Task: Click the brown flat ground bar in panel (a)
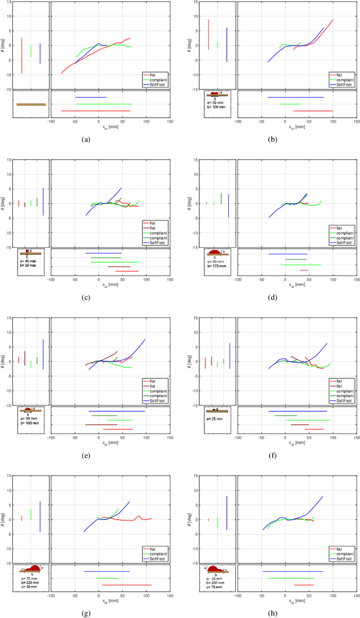click(x=31, y=104)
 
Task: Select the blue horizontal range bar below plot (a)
click(x=91, y=97)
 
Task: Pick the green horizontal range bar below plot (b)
click(x=290, y=104)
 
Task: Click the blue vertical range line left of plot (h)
click(x=227, y=513)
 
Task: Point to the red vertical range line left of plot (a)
click(x=21, y=55)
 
